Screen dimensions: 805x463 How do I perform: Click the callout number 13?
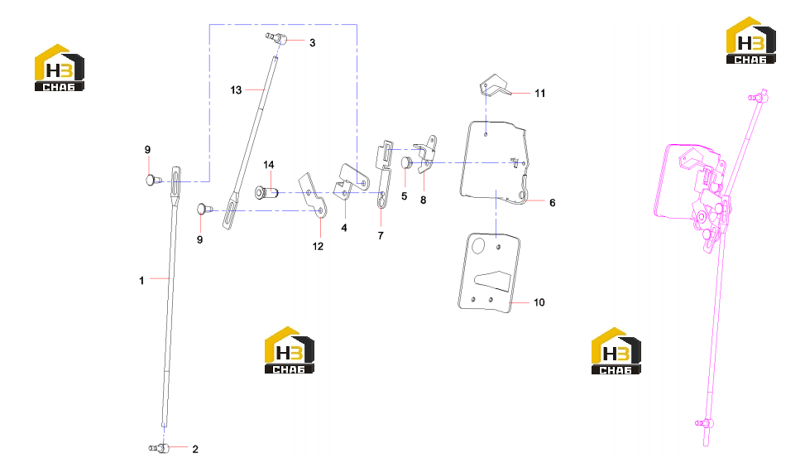coord(236,90)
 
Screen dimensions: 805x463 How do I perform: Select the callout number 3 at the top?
coord(312,43)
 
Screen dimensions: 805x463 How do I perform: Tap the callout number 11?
coord(539,94)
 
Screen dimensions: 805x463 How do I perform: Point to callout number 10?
coord(539,302)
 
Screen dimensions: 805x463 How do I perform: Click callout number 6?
coord(553,203)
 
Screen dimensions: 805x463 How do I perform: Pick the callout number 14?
coord(269,165)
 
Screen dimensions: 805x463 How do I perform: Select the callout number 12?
coord(318,247)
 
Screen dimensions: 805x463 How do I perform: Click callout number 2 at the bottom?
coord(195,449)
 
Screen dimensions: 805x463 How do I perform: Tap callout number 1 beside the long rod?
coord(141,281)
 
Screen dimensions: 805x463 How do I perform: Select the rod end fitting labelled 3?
coord(276,37)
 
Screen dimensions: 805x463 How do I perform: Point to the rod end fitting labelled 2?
coord(160,448)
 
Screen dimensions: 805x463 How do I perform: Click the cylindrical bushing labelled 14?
coord(266,193)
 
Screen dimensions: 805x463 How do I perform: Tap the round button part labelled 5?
coord(406,163)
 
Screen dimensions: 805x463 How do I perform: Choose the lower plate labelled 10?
coord(489,272)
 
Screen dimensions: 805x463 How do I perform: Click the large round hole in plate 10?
coord(478,246)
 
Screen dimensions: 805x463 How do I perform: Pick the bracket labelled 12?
coord(313,195)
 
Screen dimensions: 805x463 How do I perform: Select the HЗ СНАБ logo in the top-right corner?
coord(750,41)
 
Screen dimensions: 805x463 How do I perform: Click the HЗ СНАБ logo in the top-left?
coord(59,68)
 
